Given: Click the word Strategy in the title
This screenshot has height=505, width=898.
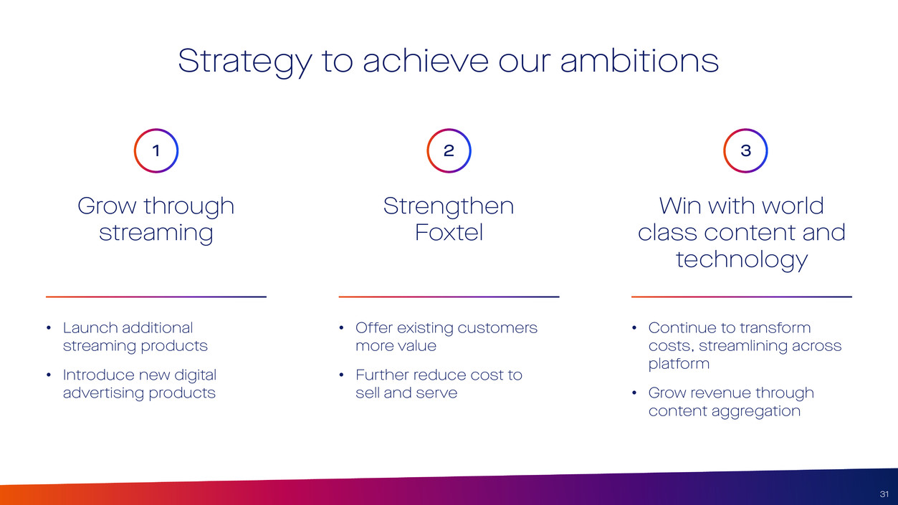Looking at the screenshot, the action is coord(245,62).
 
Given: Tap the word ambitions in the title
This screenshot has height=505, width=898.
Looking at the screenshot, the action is coord(639,60).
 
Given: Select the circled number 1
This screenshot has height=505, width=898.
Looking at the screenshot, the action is coord(156,150).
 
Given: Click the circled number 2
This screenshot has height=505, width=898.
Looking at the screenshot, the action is coord(449,150).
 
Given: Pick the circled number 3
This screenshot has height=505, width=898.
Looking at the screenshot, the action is coord(745,150).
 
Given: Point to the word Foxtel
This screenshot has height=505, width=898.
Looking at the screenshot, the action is coord(449,233).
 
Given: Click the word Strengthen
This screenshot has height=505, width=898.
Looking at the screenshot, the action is coord(449,207).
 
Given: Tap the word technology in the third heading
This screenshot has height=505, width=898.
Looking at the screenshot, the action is coord(742,260).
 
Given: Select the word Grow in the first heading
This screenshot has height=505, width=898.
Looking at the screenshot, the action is coord(107,206).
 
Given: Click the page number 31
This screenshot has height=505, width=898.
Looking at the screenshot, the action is coord(884,494).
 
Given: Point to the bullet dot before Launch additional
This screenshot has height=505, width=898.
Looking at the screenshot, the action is coord(49,328).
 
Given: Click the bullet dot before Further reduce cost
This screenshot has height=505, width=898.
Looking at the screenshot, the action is coord(341,375).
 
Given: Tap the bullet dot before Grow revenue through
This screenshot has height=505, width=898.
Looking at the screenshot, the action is coord(634,393).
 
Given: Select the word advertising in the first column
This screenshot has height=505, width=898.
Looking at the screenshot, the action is coord(104,393).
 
